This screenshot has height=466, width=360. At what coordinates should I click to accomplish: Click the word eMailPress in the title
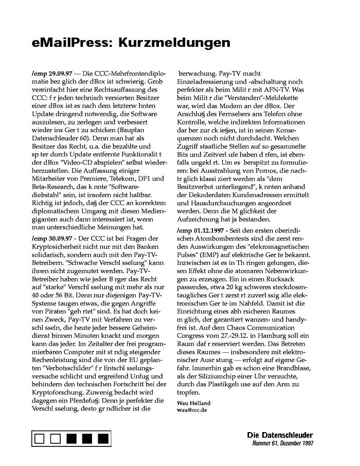[x=70, y=43]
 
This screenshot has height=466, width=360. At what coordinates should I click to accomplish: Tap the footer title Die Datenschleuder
[x=279, y=435]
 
